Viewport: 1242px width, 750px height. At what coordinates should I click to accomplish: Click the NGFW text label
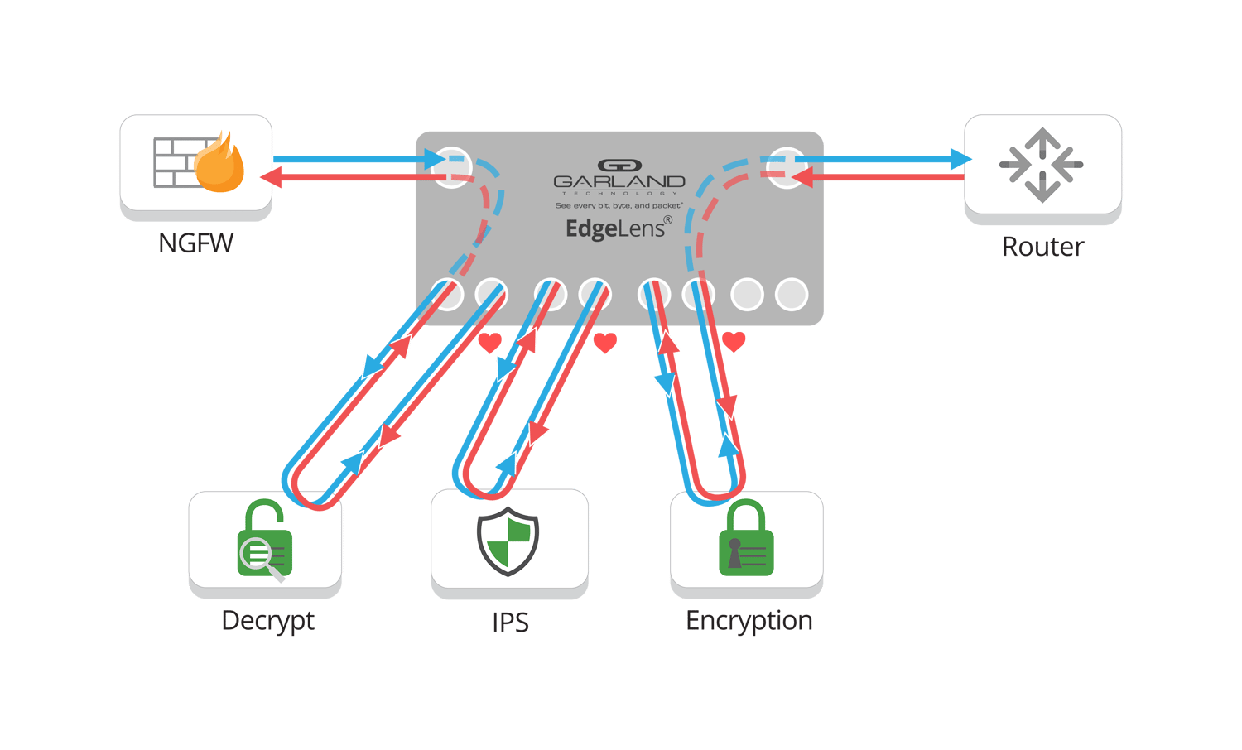[x=195, y=243]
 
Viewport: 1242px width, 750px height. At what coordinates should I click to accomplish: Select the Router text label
[x=1042, y=247]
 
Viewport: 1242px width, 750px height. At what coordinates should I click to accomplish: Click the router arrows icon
[x=1042, y=165]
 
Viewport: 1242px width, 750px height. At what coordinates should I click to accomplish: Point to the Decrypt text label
[x=267, y=621]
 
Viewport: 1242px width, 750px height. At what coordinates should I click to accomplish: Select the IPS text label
[x=509, y=623]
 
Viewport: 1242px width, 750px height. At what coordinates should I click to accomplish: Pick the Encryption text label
[x=749, y=621]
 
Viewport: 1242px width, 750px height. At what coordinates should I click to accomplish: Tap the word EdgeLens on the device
[x=615, y=228]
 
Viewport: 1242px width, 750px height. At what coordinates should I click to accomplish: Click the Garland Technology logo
[x=619, y=176]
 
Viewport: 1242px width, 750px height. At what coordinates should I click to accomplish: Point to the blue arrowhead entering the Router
[x=960, y=159]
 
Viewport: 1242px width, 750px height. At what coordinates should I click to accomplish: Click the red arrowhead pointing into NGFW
[x=268, y=177]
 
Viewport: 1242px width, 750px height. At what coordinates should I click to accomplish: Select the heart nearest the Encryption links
[x=734, y=341]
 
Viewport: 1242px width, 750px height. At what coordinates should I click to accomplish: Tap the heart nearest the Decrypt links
[x=490, y=342]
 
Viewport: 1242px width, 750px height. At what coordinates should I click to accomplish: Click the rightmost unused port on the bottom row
[x=791, y=295]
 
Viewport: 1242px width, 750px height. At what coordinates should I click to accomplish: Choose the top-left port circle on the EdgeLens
[x=452, y=167]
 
